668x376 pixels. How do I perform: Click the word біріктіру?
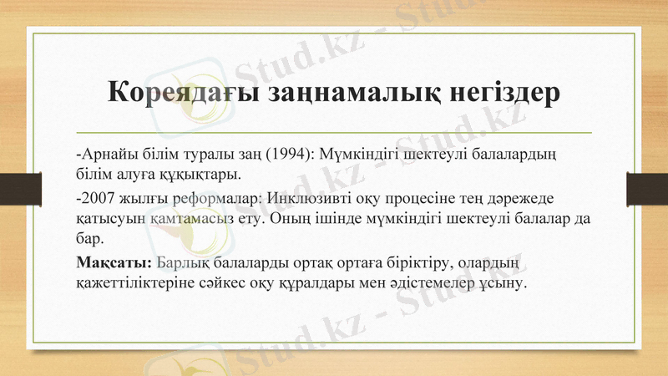pos(406,264)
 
